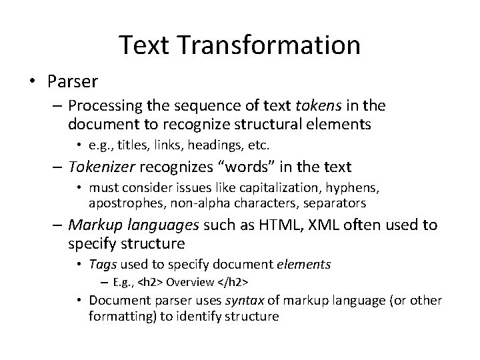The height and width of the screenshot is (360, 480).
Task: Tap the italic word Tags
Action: click(103, 265)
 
